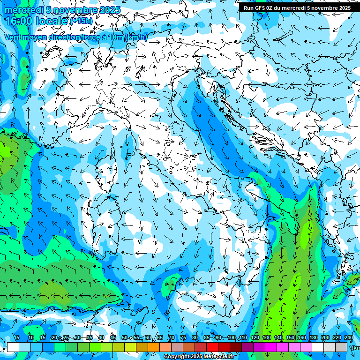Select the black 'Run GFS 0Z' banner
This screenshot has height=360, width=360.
coord(297,7)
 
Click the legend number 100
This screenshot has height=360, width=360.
coord(232,337)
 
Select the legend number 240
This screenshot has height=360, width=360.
coord(348,337)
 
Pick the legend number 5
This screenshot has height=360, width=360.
coord(18,337)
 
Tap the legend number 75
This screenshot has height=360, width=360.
coord(183,337)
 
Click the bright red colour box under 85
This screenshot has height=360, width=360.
coord(212,347)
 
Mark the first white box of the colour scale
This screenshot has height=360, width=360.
coord(13,347)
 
